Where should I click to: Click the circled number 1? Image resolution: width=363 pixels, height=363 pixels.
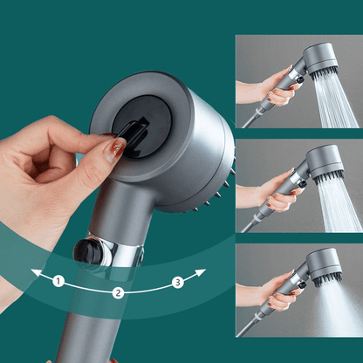pyautogui.click(x=58, y=281)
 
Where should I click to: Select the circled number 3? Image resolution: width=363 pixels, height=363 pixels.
pyautogui.click(x=177, y=281)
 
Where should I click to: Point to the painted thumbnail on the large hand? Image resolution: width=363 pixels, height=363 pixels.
pyautogui.click(x=112, y=149)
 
